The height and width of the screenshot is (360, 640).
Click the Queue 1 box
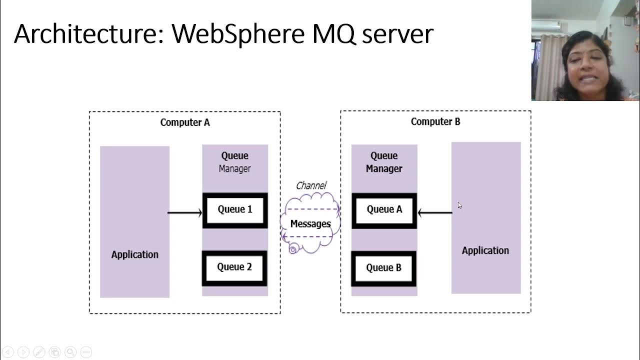point(235,210)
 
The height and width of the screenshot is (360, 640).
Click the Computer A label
point(185,122)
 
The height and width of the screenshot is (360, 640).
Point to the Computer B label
point(435,121)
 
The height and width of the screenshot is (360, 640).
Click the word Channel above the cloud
point(311,185)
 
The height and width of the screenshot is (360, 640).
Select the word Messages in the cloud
point(310,224)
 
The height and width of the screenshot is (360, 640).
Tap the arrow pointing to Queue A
point(434,213)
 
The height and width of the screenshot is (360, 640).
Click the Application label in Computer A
point(134,254)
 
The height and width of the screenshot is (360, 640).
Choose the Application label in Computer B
point(485,250)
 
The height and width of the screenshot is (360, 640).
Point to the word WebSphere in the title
point(238,34)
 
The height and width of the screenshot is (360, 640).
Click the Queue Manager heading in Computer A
point(234,162)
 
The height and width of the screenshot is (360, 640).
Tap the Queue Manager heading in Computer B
point(384,162)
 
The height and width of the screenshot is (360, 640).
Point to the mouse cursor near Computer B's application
point(459,205)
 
